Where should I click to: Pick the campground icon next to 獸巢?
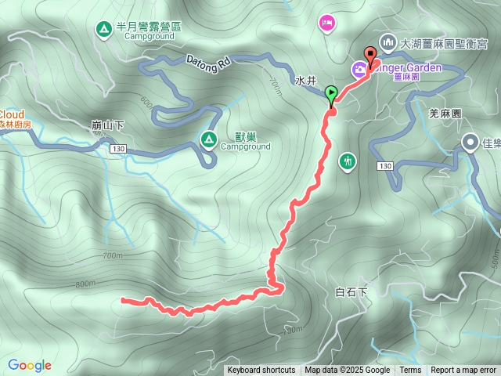click(209, 140)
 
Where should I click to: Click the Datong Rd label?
click(208, 60)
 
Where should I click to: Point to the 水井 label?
click(306, 81)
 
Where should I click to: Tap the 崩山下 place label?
click(106, 125)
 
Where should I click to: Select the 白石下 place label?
click(351, 291)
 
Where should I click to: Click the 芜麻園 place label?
click(446, 114)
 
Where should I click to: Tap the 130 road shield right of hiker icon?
click(384, 166)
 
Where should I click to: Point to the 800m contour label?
click(86, 284)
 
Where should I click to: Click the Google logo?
click(30, 365)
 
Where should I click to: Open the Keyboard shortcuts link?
click(261, 371)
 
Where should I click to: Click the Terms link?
click(410, 371)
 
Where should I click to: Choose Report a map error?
click(463, 371)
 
